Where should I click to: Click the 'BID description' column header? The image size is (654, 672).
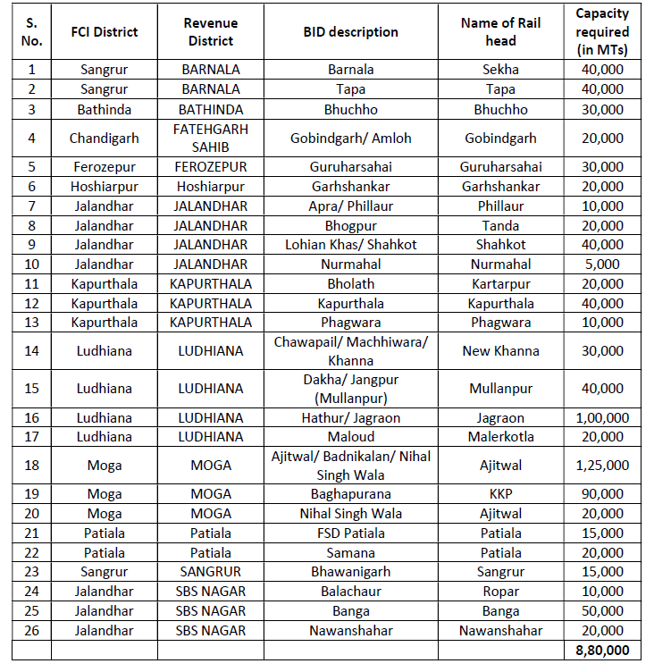click(350, 32)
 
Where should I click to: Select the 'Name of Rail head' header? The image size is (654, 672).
click(500, 32)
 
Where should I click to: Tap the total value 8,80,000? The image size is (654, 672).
click(601, 651)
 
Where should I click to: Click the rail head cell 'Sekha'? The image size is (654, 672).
click(500, 70)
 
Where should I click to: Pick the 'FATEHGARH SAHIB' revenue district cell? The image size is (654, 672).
click(211, 139)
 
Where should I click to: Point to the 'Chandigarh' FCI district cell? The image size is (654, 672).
click(104, 139)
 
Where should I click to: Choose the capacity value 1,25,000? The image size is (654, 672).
click(601, 466)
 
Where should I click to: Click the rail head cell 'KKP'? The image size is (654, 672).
click(500, 494)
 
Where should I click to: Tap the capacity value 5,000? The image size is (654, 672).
click(601, 265)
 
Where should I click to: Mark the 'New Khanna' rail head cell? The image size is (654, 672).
click(500, 351)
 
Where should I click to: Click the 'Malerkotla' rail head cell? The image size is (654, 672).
click(500, 437)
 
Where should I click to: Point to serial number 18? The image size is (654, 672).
click(32, 466)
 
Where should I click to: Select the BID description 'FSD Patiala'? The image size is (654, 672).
click(350, 533)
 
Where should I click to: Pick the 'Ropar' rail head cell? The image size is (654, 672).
click(500, 592)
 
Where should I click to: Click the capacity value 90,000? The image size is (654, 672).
click(601, 494)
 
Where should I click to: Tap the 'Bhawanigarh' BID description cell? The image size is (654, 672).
click(350, 572)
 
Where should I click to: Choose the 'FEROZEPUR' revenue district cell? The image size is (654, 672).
click(211, 167)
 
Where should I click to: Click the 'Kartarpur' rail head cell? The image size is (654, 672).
click(500, 284)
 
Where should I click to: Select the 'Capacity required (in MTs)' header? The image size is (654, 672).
click(601, 32)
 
